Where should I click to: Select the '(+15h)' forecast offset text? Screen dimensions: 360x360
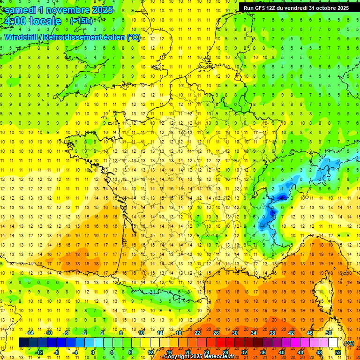[81, 21]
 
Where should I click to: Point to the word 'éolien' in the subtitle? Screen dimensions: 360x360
[113, 37]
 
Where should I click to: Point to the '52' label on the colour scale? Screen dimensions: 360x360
[337, 352]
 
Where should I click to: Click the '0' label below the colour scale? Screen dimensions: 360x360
[93, 352]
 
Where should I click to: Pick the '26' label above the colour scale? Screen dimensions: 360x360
[216, 333]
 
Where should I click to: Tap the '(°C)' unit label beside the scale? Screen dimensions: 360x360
[349, 343]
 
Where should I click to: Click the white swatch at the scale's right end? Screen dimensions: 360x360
[333, 343]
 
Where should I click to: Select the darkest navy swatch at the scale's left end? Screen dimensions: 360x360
[24, 343]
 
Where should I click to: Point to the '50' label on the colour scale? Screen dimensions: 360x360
[329, 333]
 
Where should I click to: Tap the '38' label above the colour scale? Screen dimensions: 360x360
[272, 333]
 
